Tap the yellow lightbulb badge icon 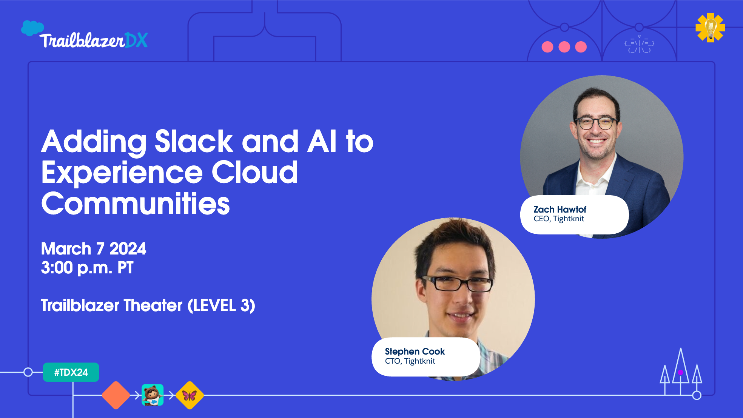point(710,27)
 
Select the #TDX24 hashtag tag point(71,372)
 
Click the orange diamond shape point(116,395)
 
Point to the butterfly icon point(190,395)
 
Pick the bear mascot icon point(153,395)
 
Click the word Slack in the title point(194,142)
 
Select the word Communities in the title point(136,204)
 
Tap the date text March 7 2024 point(93,249)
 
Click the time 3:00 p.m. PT point(87,268)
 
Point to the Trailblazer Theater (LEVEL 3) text point(148,305)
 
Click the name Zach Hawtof point(560,209)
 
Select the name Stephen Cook point(415,351)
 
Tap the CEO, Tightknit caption point(558,219)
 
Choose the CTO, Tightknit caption point(410,361)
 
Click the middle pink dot point(564,47)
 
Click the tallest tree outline point(681,368)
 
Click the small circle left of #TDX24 point(28,372)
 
